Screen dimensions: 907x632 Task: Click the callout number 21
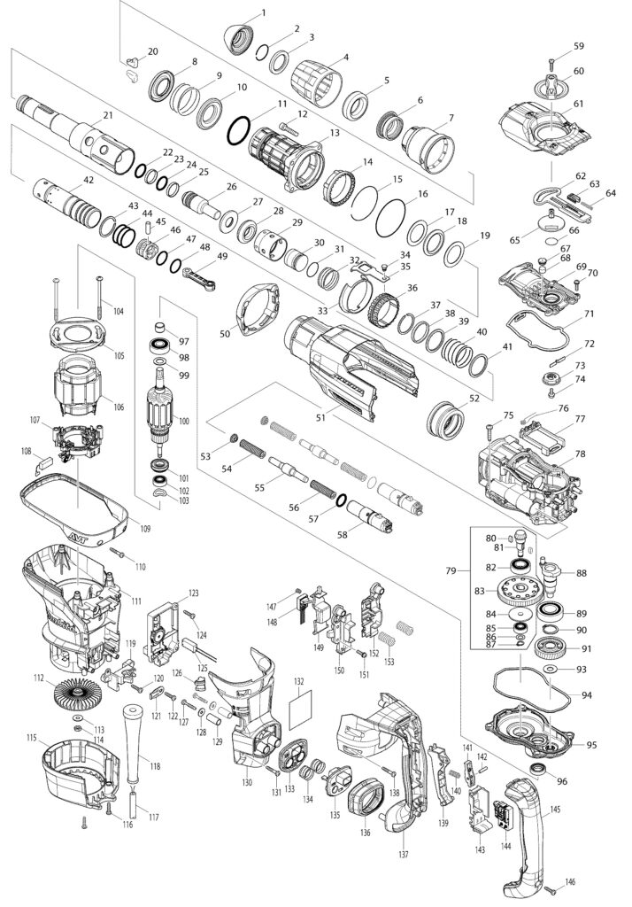coord(108,115)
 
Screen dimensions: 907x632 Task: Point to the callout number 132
coord(299,682)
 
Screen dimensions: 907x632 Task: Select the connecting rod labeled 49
coord(204,275)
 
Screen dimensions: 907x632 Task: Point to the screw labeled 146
coord(550,887)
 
